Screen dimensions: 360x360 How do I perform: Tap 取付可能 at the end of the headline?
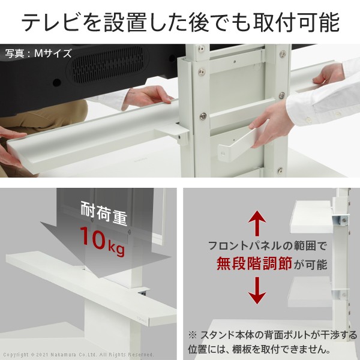tap(296, 22)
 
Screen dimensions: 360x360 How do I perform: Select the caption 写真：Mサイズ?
tap(38, 53)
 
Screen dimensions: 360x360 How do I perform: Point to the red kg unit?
tap(116, 249)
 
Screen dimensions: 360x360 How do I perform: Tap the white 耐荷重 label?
tap(104, 213)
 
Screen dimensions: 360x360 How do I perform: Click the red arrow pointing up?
tap(257, 223)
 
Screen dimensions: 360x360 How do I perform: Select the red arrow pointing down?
tap(257, 290)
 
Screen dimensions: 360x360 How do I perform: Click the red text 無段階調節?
tap(254, 263)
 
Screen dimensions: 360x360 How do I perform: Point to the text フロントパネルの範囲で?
tap(267, 246)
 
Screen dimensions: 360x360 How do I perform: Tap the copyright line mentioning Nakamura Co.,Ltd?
tap(78, 355)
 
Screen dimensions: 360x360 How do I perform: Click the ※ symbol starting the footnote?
tap(193, 335)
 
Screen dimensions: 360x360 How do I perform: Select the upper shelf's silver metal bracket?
tap(340, 221)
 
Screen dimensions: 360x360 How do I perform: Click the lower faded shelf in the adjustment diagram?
tap(310, 292)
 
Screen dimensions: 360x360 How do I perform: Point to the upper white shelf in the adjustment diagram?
tap(311, 217)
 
